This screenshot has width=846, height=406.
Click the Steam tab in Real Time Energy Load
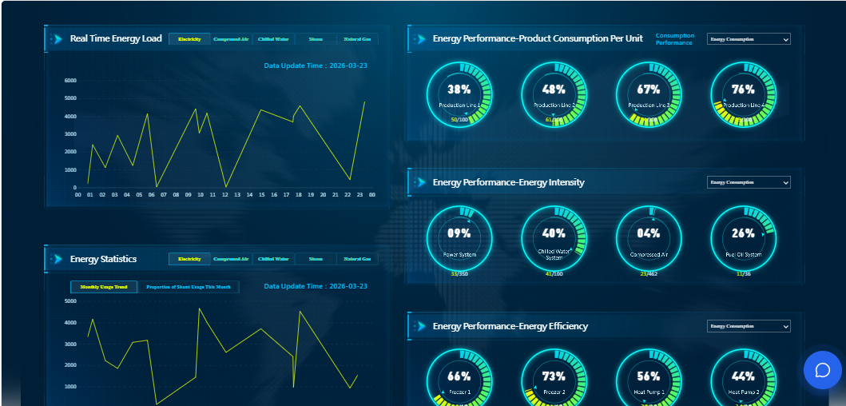point(316,38)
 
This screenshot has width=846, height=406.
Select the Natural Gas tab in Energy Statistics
point(357,259)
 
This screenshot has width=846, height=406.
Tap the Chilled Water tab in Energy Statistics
point(273,259)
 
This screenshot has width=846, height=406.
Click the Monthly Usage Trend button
point(104,287)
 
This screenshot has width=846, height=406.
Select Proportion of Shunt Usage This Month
point(189,287)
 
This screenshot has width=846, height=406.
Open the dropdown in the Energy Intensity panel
point(749,182)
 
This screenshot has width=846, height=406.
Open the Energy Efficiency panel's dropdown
point(749,326)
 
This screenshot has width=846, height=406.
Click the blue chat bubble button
point(823,370)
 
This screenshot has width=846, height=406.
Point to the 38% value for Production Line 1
point(459,90)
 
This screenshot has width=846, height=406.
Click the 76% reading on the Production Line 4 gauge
point(743,90)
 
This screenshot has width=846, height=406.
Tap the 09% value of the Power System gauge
point(459,233)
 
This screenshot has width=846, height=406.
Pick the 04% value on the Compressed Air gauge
point(649,233)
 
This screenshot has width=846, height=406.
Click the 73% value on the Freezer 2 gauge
point(554,376)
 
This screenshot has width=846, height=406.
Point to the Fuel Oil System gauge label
point(743,255)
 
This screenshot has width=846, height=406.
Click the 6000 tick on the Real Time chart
point(70,81)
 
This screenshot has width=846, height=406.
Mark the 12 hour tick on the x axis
point(225,194)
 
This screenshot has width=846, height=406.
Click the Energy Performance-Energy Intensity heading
point(508,182)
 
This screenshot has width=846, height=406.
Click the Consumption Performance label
point(674,39)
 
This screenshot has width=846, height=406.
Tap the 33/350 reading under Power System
point(459,273)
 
